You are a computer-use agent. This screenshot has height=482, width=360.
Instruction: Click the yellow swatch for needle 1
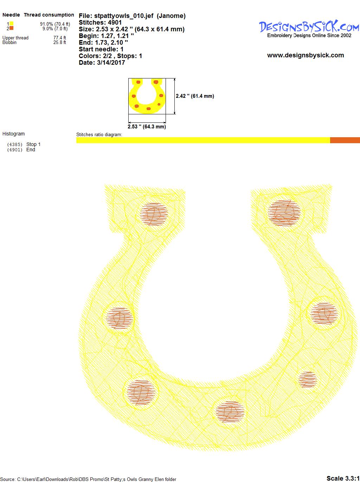click(11, 24)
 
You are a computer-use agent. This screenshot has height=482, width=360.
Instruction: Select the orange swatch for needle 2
click(11, 28)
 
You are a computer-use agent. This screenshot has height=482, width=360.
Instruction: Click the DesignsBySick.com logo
click(309, 29)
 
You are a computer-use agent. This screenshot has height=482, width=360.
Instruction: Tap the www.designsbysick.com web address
click(306, 55)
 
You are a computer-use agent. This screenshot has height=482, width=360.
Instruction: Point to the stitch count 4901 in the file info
click(115, 23)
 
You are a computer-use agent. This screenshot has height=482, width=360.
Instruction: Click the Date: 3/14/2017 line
click(102, 63)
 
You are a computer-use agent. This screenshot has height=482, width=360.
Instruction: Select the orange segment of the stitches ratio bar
click(345, 140)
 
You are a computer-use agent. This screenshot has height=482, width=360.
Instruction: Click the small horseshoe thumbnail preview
click(147, 96)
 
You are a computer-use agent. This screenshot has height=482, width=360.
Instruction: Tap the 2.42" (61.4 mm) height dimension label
click(195, 96)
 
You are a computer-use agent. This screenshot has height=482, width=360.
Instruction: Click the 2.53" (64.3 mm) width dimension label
click(147, 127)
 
